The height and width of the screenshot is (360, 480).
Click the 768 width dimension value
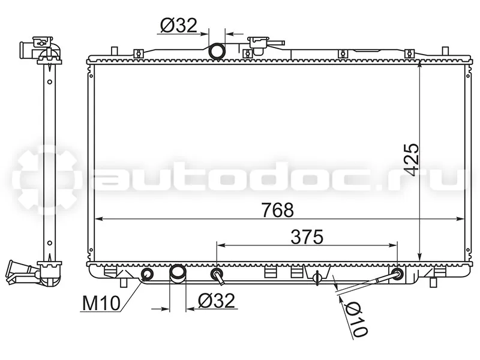[x=278, y=210]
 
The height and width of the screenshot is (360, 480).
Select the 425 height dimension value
[x=410, y=160]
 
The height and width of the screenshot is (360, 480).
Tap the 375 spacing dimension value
[x=307, y=237]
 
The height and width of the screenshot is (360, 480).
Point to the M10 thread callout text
[x=101, y=304]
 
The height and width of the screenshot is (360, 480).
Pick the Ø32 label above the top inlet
[x=179, y=25]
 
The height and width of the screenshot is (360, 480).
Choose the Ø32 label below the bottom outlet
[x=217, y=301]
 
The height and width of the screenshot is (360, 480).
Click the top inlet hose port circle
[x=217, y=51]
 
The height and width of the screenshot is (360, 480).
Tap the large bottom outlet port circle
[x=178, y=272]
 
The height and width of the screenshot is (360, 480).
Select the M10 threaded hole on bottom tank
[x=147, y=274]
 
